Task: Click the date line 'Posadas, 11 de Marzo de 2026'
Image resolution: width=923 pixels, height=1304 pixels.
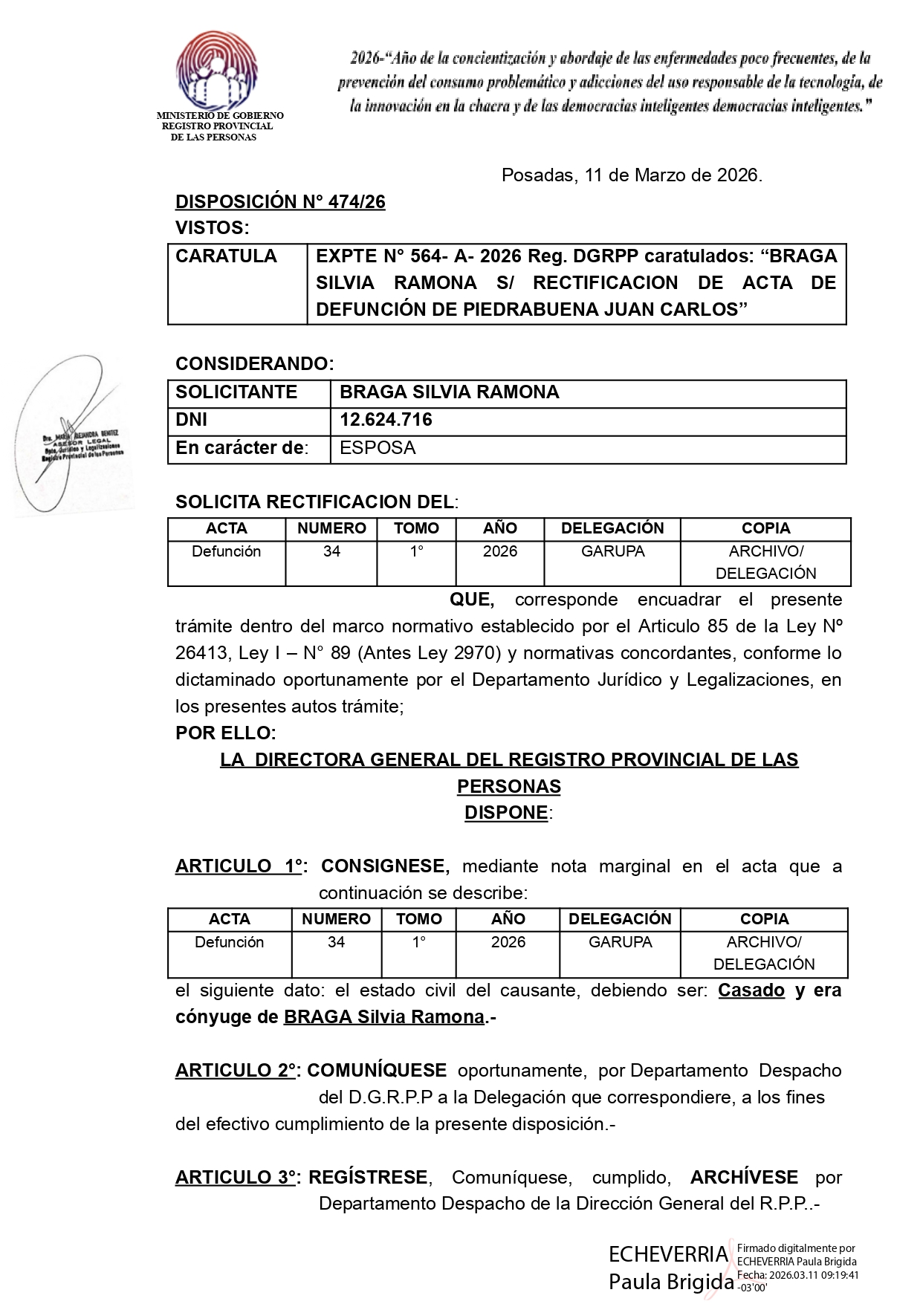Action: pos(632,175)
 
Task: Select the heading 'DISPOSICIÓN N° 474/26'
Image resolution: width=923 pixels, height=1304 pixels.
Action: pos(280,202)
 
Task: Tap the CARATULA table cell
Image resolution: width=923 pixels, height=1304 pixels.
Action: pos(227,256)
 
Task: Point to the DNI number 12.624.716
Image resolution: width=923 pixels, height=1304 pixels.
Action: pos(386,420)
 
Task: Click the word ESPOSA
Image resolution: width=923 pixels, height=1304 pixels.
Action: pos(378,448)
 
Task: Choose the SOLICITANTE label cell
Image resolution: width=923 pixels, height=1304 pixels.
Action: pos(236,392)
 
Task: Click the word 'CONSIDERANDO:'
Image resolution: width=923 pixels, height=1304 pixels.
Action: pos(254,364)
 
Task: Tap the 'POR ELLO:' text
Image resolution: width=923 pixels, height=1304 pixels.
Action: pos(225,733)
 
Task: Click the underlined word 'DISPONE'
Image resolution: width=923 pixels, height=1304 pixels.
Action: pos(506,813)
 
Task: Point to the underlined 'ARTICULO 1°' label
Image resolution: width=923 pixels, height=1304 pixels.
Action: pos(239,866)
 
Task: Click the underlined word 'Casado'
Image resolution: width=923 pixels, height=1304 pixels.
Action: pos(751,990)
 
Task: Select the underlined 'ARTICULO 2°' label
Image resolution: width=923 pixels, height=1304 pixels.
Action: pos(236,1071)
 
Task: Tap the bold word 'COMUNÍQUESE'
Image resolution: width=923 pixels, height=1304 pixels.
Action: pos(377,1071)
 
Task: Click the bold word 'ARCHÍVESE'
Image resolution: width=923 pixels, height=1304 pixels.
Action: pos(744,1178)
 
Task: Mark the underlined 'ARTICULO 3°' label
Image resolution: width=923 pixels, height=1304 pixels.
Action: pos(236,1178)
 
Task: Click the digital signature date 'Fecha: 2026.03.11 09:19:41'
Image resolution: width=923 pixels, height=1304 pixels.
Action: pos(797,1275)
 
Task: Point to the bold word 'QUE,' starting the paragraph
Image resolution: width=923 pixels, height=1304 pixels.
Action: pos(472,600)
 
